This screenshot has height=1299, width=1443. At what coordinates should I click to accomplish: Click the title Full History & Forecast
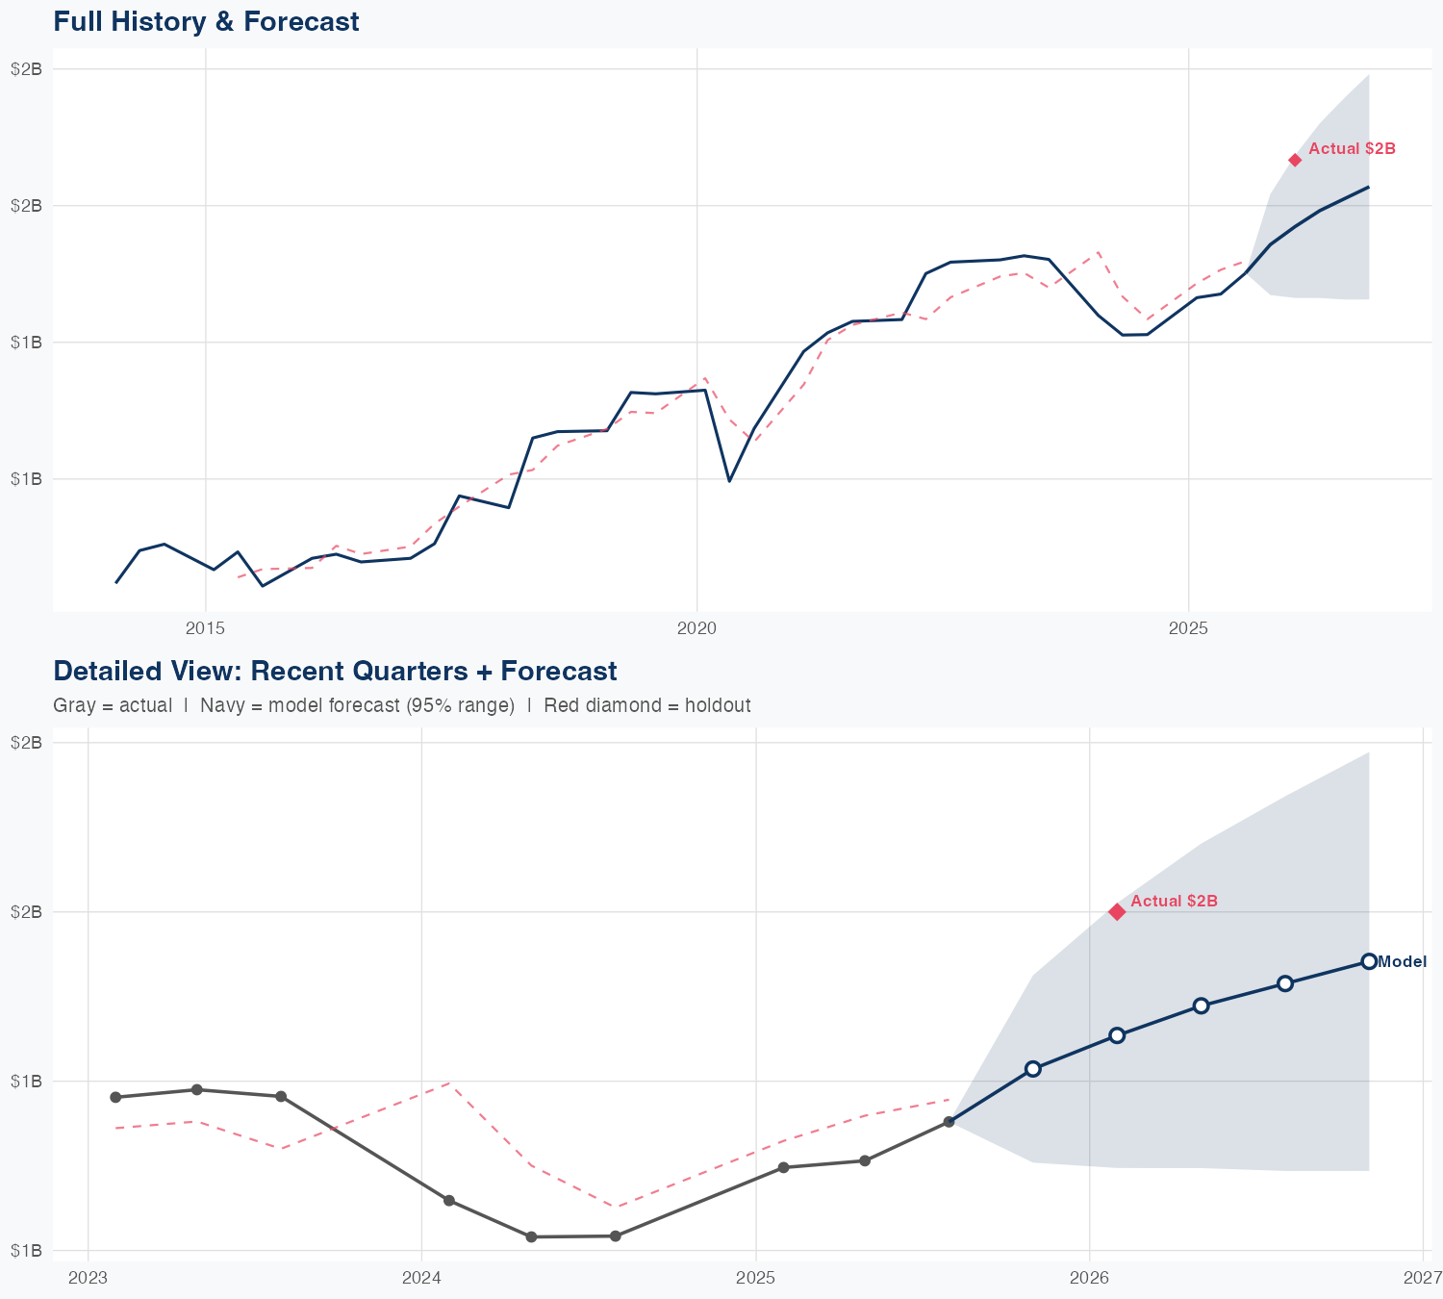206,22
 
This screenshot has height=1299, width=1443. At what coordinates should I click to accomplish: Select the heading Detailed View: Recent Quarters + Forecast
335,672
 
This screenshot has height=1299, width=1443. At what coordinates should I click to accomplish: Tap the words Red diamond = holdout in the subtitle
646,705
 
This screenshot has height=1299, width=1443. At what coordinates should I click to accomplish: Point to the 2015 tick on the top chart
205,628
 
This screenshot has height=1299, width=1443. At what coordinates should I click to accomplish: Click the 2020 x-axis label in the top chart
696,628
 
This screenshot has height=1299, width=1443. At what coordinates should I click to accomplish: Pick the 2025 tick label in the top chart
1188,628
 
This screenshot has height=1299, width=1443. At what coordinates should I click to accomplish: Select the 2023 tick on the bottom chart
89,1278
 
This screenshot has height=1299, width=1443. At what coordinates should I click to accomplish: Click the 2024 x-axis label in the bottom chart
421,1278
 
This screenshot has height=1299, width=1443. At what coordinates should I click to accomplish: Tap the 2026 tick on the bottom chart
1089,1278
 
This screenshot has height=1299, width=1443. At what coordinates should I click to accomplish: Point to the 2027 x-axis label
1422,1278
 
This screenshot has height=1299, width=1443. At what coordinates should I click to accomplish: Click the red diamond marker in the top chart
1295,160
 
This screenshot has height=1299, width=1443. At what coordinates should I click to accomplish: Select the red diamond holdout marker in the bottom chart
1117,911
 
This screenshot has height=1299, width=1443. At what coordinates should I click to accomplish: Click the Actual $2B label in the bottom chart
1174,902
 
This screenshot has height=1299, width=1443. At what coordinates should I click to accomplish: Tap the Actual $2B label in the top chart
1352,149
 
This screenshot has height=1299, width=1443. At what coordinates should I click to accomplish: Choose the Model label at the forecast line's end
1402,962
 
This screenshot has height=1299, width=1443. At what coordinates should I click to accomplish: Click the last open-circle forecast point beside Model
1369,961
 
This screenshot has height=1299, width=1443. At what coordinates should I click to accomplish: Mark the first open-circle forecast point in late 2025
1033,1068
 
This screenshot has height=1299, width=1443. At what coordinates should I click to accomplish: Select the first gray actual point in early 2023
115,1097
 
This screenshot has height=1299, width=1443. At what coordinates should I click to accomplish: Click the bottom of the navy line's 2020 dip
729,481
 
